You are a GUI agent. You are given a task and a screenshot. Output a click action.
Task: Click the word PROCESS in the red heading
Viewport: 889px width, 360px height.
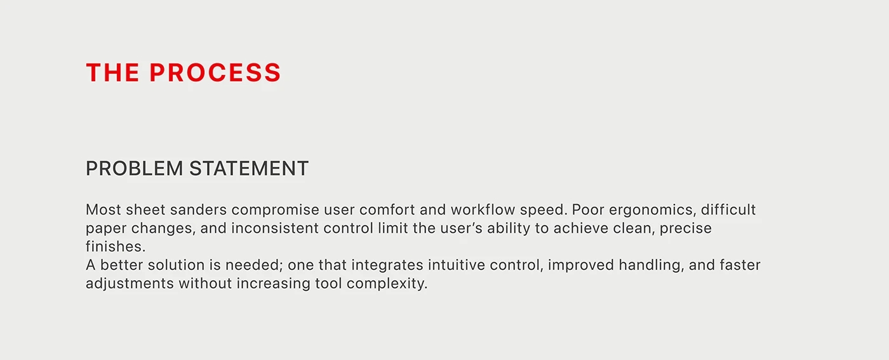pyautogui.click(x=215, y=72)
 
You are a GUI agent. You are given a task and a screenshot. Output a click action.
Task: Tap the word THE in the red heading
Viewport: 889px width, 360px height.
pyautogui.click(x=113, y=72)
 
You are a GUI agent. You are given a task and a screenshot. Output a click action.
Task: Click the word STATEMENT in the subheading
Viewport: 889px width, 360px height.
pyautogui.click(x=249, y=168)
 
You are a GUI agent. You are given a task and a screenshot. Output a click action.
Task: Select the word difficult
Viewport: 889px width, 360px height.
pyautogui.click(x=728, y=209)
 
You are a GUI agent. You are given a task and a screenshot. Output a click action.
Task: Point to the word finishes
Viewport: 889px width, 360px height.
pyautogui.click(x=116, y=246)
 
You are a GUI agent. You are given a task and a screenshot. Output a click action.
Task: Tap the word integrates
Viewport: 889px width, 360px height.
pyautogui.click(x=387, y=265)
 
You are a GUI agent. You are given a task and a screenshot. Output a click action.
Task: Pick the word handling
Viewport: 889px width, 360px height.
pyautogui.click(x=652, y=265)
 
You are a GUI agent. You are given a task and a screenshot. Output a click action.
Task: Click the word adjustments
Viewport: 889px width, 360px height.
pyautogui.click(x=130, y=284)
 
